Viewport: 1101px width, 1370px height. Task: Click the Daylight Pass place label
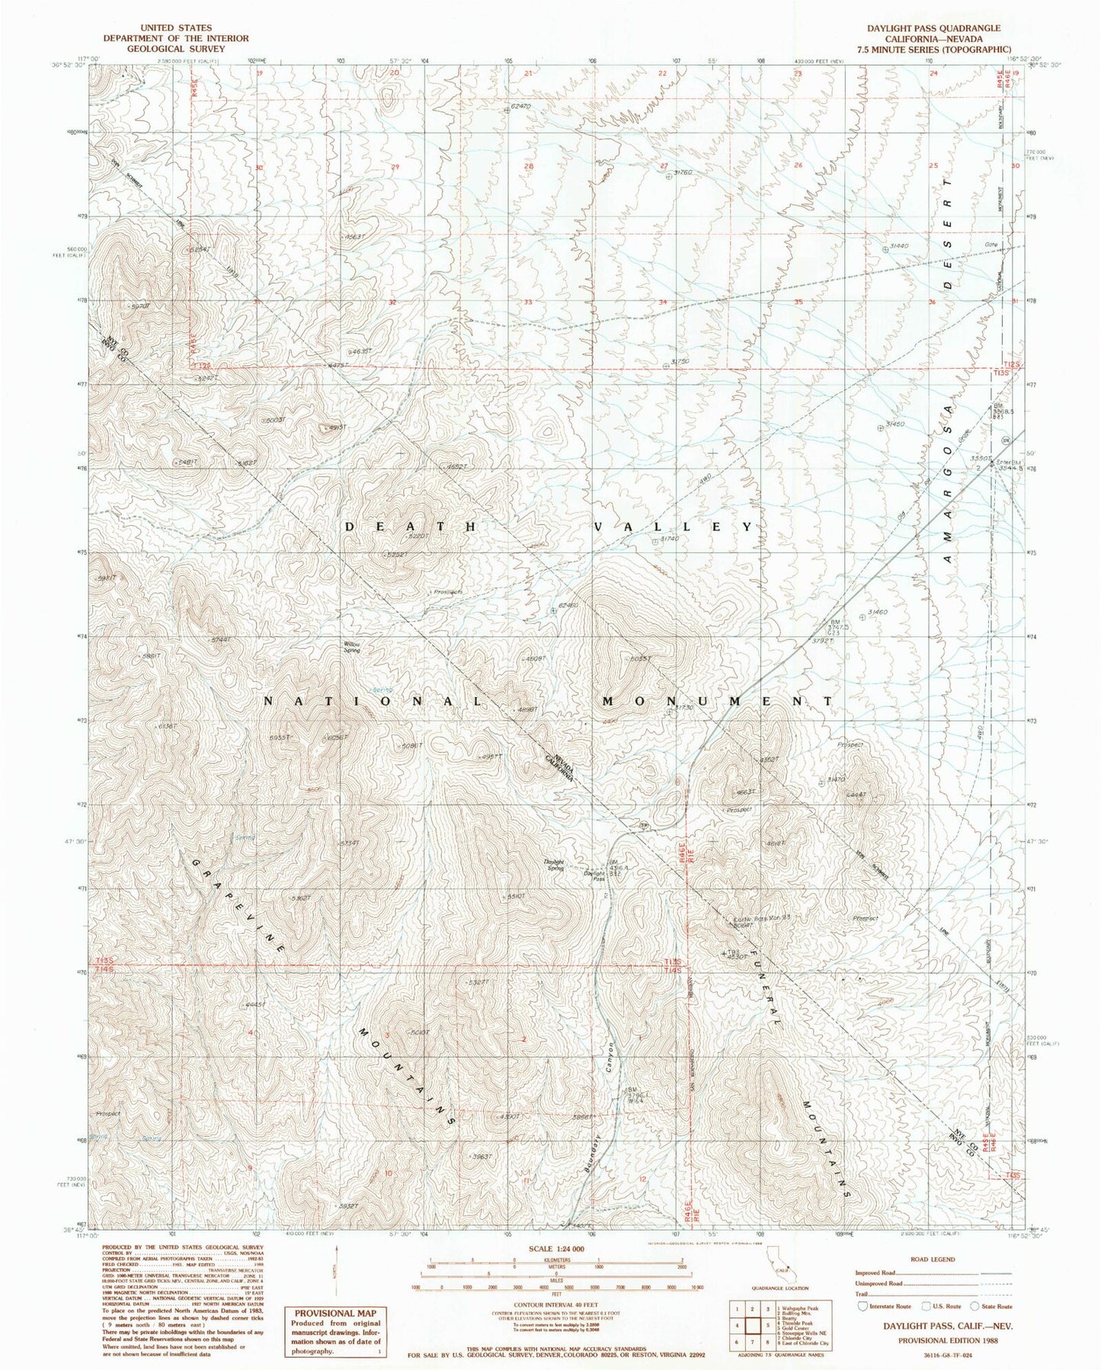pyautogui.click(x=594, y=876)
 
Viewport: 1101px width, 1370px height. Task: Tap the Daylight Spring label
pyautogui.click(x=554, y=866)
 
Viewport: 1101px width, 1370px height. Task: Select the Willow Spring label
pyautogui.click(x=351, y=647)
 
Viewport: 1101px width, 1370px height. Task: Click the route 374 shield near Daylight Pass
pyautogui.click(x=644, y=824)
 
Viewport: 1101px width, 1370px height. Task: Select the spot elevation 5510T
pyautogui.click(x=515, y=897)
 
